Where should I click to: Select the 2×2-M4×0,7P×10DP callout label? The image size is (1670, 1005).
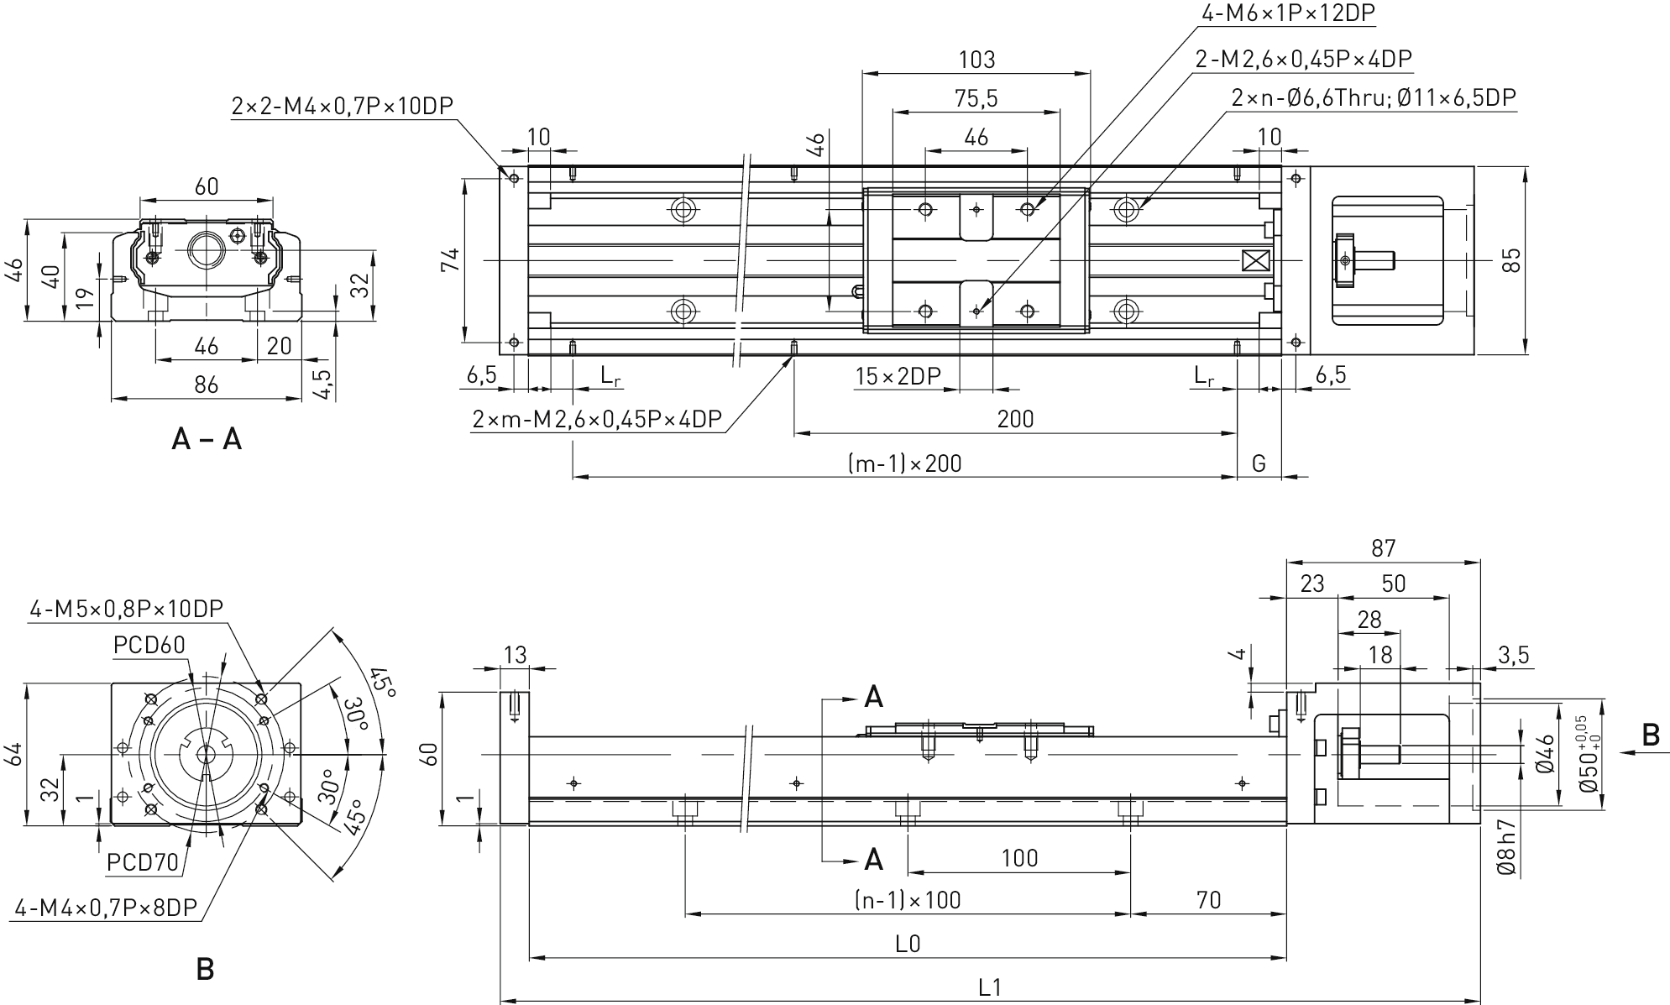coord(342,106)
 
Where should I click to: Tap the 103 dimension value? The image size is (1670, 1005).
coord(976,60)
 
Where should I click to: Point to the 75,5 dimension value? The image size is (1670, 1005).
coord(976,99)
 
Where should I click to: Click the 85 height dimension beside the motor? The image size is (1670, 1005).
coord(1510,260)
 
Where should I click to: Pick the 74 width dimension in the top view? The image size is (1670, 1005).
coord(451,260)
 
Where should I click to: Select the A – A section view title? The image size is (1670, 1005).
coord(207,438)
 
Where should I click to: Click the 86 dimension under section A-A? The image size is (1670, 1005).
coord(206,385)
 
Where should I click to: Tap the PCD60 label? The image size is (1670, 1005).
coord(149,645)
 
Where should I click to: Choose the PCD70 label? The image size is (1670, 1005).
coord(143,862)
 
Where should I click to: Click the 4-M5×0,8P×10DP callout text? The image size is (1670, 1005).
coord(127,609)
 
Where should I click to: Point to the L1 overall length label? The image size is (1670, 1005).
coord(991,987)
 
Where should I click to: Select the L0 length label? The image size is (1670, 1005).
coord(908,944)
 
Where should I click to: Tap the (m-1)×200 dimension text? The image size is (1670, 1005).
coord(905,463)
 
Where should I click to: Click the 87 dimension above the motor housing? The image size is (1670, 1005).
coord(1383,548)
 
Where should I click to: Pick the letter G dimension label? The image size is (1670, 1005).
coord(1259,463)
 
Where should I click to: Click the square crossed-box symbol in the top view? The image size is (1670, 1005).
coord(1254,261)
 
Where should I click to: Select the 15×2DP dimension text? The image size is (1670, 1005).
coord(898,376)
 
